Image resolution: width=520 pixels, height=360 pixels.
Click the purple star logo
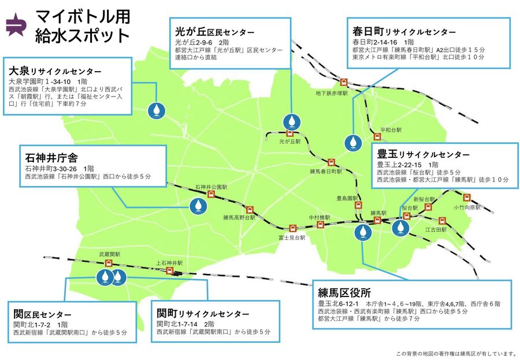(16, 24)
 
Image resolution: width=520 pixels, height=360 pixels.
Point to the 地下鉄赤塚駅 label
(331, 92)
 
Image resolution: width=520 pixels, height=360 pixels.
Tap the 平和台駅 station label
(391, 131)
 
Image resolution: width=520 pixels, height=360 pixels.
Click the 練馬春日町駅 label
(326, 171)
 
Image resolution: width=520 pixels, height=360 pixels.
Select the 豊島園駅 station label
(350, 198)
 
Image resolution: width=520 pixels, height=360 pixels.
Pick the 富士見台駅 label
(292, 237)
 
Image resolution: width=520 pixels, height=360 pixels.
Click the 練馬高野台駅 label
(239, 218)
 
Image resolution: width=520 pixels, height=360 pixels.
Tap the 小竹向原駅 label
(467, 207)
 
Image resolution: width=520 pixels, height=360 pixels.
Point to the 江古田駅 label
(436, 229)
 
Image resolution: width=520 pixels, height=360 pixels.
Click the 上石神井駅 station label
(169, 263)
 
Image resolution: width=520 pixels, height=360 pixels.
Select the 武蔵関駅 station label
(109, 254)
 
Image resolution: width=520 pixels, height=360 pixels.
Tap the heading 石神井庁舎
(51, 157)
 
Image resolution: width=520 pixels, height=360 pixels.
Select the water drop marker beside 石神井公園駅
(197, 205)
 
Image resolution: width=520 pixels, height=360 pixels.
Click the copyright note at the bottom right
(455, 353)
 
